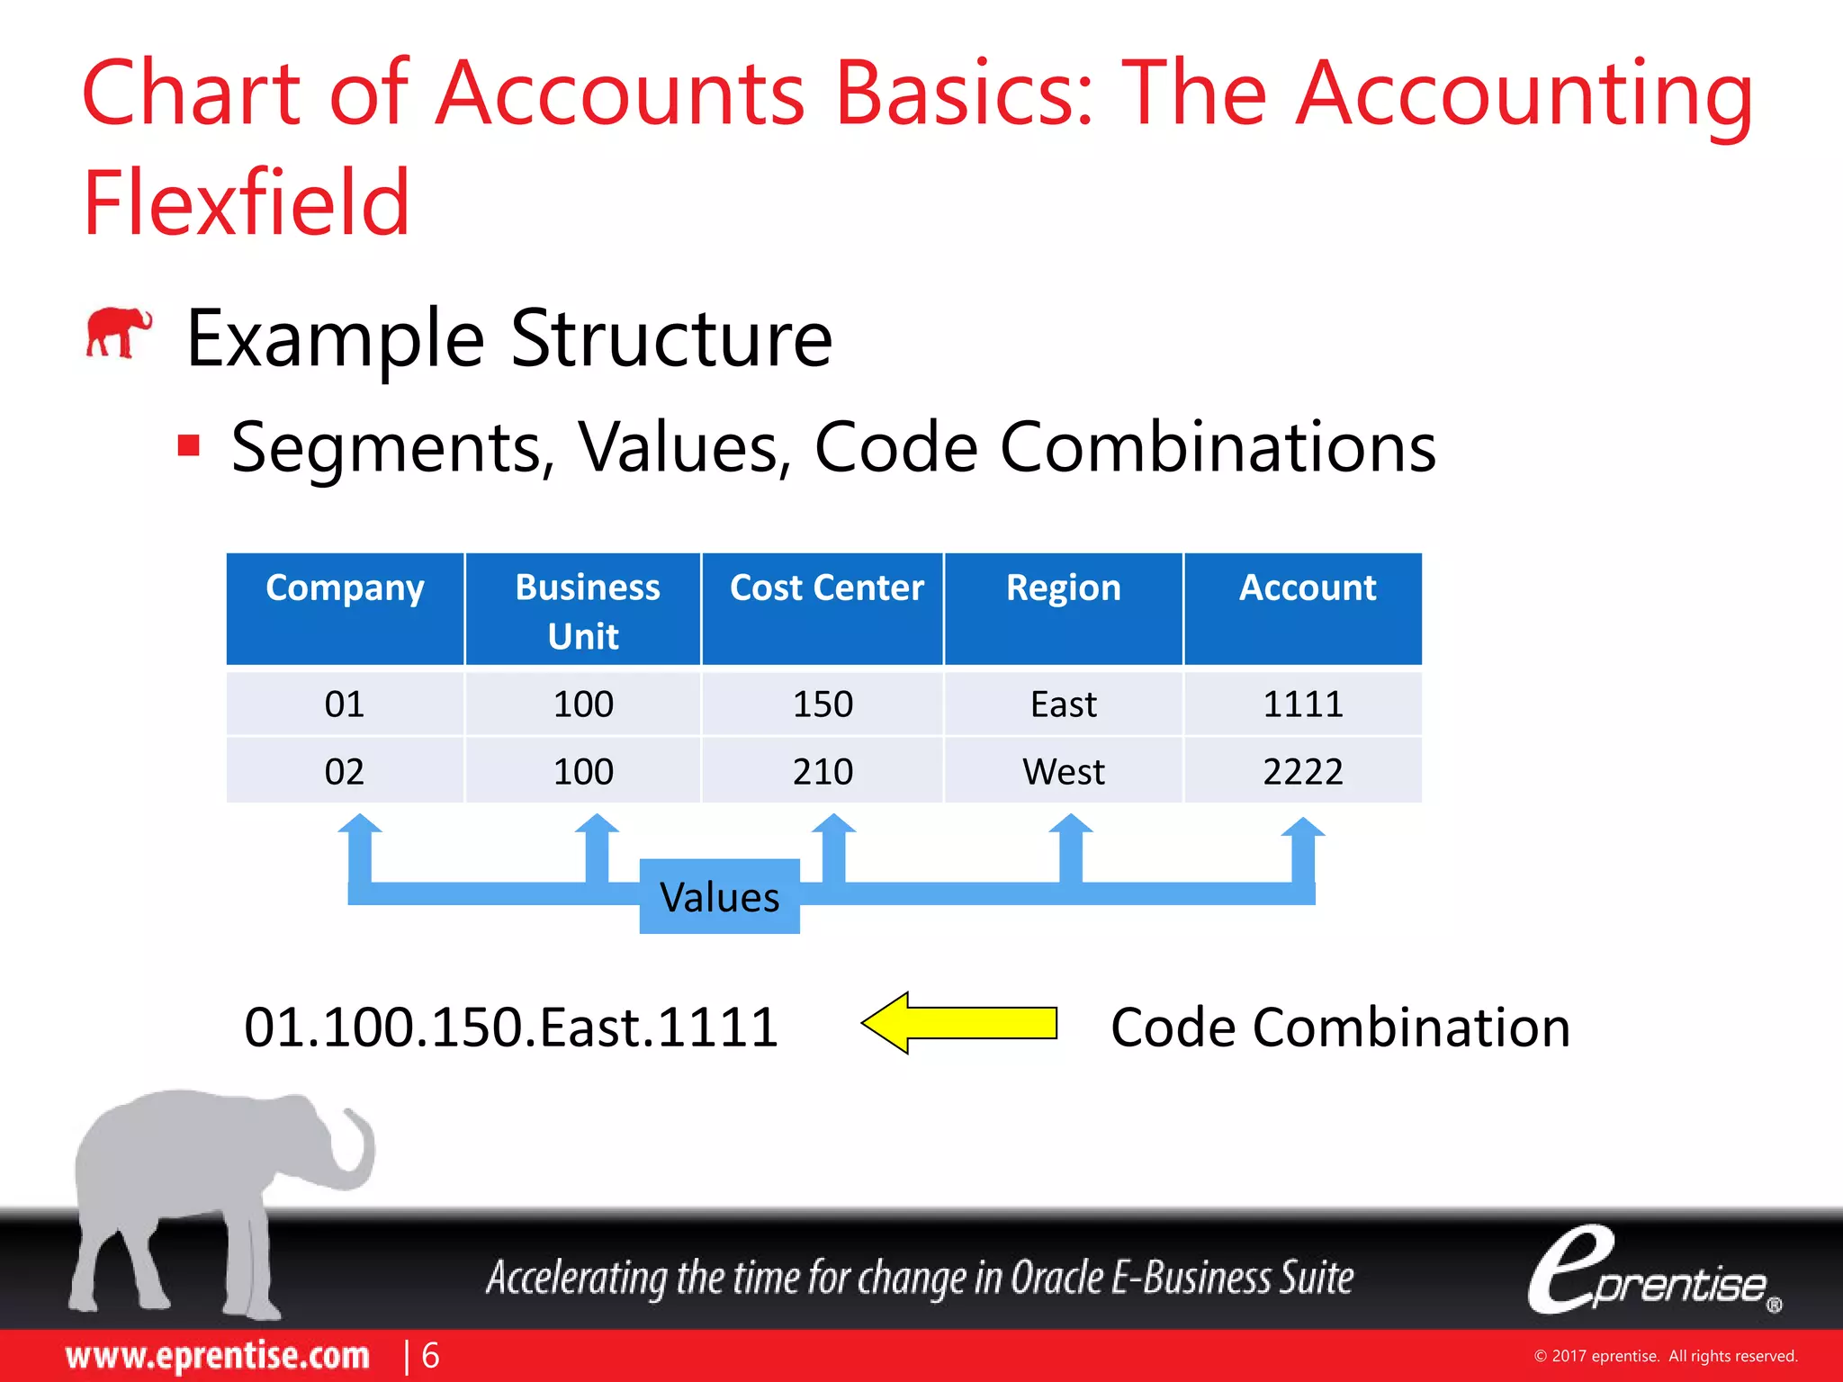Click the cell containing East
[1063, 704]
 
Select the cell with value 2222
[1302, 772]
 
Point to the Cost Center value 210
[823, 772]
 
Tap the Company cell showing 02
[345, 772]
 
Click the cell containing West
[1063, 772]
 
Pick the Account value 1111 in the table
[1302, 704]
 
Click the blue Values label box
[719, 897]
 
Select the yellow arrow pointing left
[959, 1023]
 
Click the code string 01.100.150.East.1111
[511, 1028]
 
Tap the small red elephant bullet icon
[118, 333]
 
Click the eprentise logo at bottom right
[1652, 1273]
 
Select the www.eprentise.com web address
[218, 1356]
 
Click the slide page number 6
[431, 1356]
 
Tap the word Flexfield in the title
[247, 203]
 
